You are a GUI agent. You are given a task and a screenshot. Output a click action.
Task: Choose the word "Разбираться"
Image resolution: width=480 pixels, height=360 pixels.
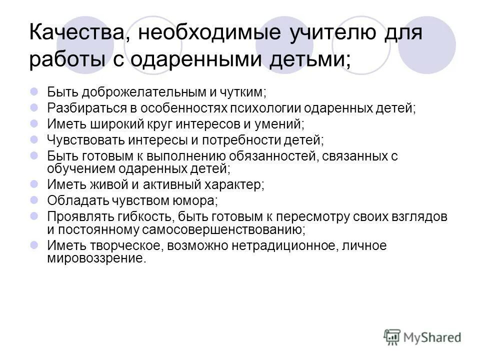point(81,108)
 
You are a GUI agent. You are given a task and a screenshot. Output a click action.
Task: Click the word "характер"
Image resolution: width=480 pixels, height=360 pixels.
point(235,184)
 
